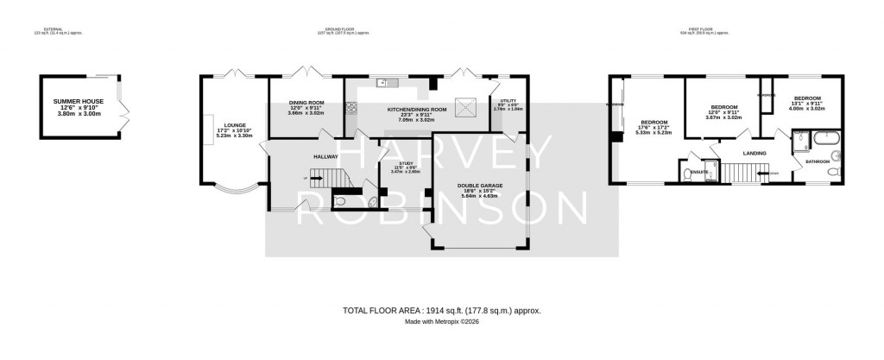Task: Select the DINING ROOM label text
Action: pos(306,103)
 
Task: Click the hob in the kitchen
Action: pos(350,108)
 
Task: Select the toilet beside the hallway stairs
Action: pos(340,201)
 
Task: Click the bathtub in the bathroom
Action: pos(828,137)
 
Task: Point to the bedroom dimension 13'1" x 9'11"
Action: pos(807,104)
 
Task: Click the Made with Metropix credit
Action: pos(441,322)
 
